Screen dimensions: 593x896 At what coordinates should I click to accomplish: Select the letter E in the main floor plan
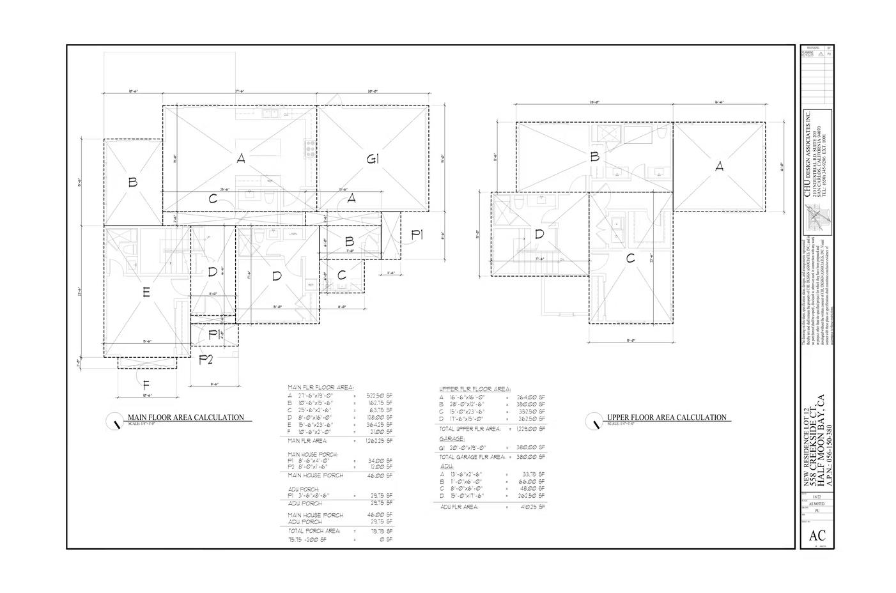coord(146,293)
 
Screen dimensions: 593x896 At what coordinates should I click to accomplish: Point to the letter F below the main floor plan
coord(146,385)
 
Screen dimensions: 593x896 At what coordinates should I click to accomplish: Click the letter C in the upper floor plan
coord(630,259)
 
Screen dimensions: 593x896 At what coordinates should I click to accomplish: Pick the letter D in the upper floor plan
coord(539,235)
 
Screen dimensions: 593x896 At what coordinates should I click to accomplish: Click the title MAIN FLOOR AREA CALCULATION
coord(186,417)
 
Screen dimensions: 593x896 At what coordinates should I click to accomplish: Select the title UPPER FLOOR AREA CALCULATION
coord(667,417)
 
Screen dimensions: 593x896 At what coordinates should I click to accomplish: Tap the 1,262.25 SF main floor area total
coord(377,440)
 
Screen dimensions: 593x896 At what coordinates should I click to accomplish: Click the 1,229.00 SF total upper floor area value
coord(530,429)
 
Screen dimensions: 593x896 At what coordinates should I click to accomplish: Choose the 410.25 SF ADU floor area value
coord(532,507)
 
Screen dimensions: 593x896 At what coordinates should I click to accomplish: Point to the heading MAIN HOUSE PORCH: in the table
coord(313,454)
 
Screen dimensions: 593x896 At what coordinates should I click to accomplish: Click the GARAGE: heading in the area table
coord(451,440)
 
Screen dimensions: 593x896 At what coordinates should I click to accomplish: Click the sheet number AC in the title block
coord(817,536)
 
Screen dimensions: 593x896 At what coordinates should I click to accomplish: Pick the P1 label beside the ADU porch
coord(417,235)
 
